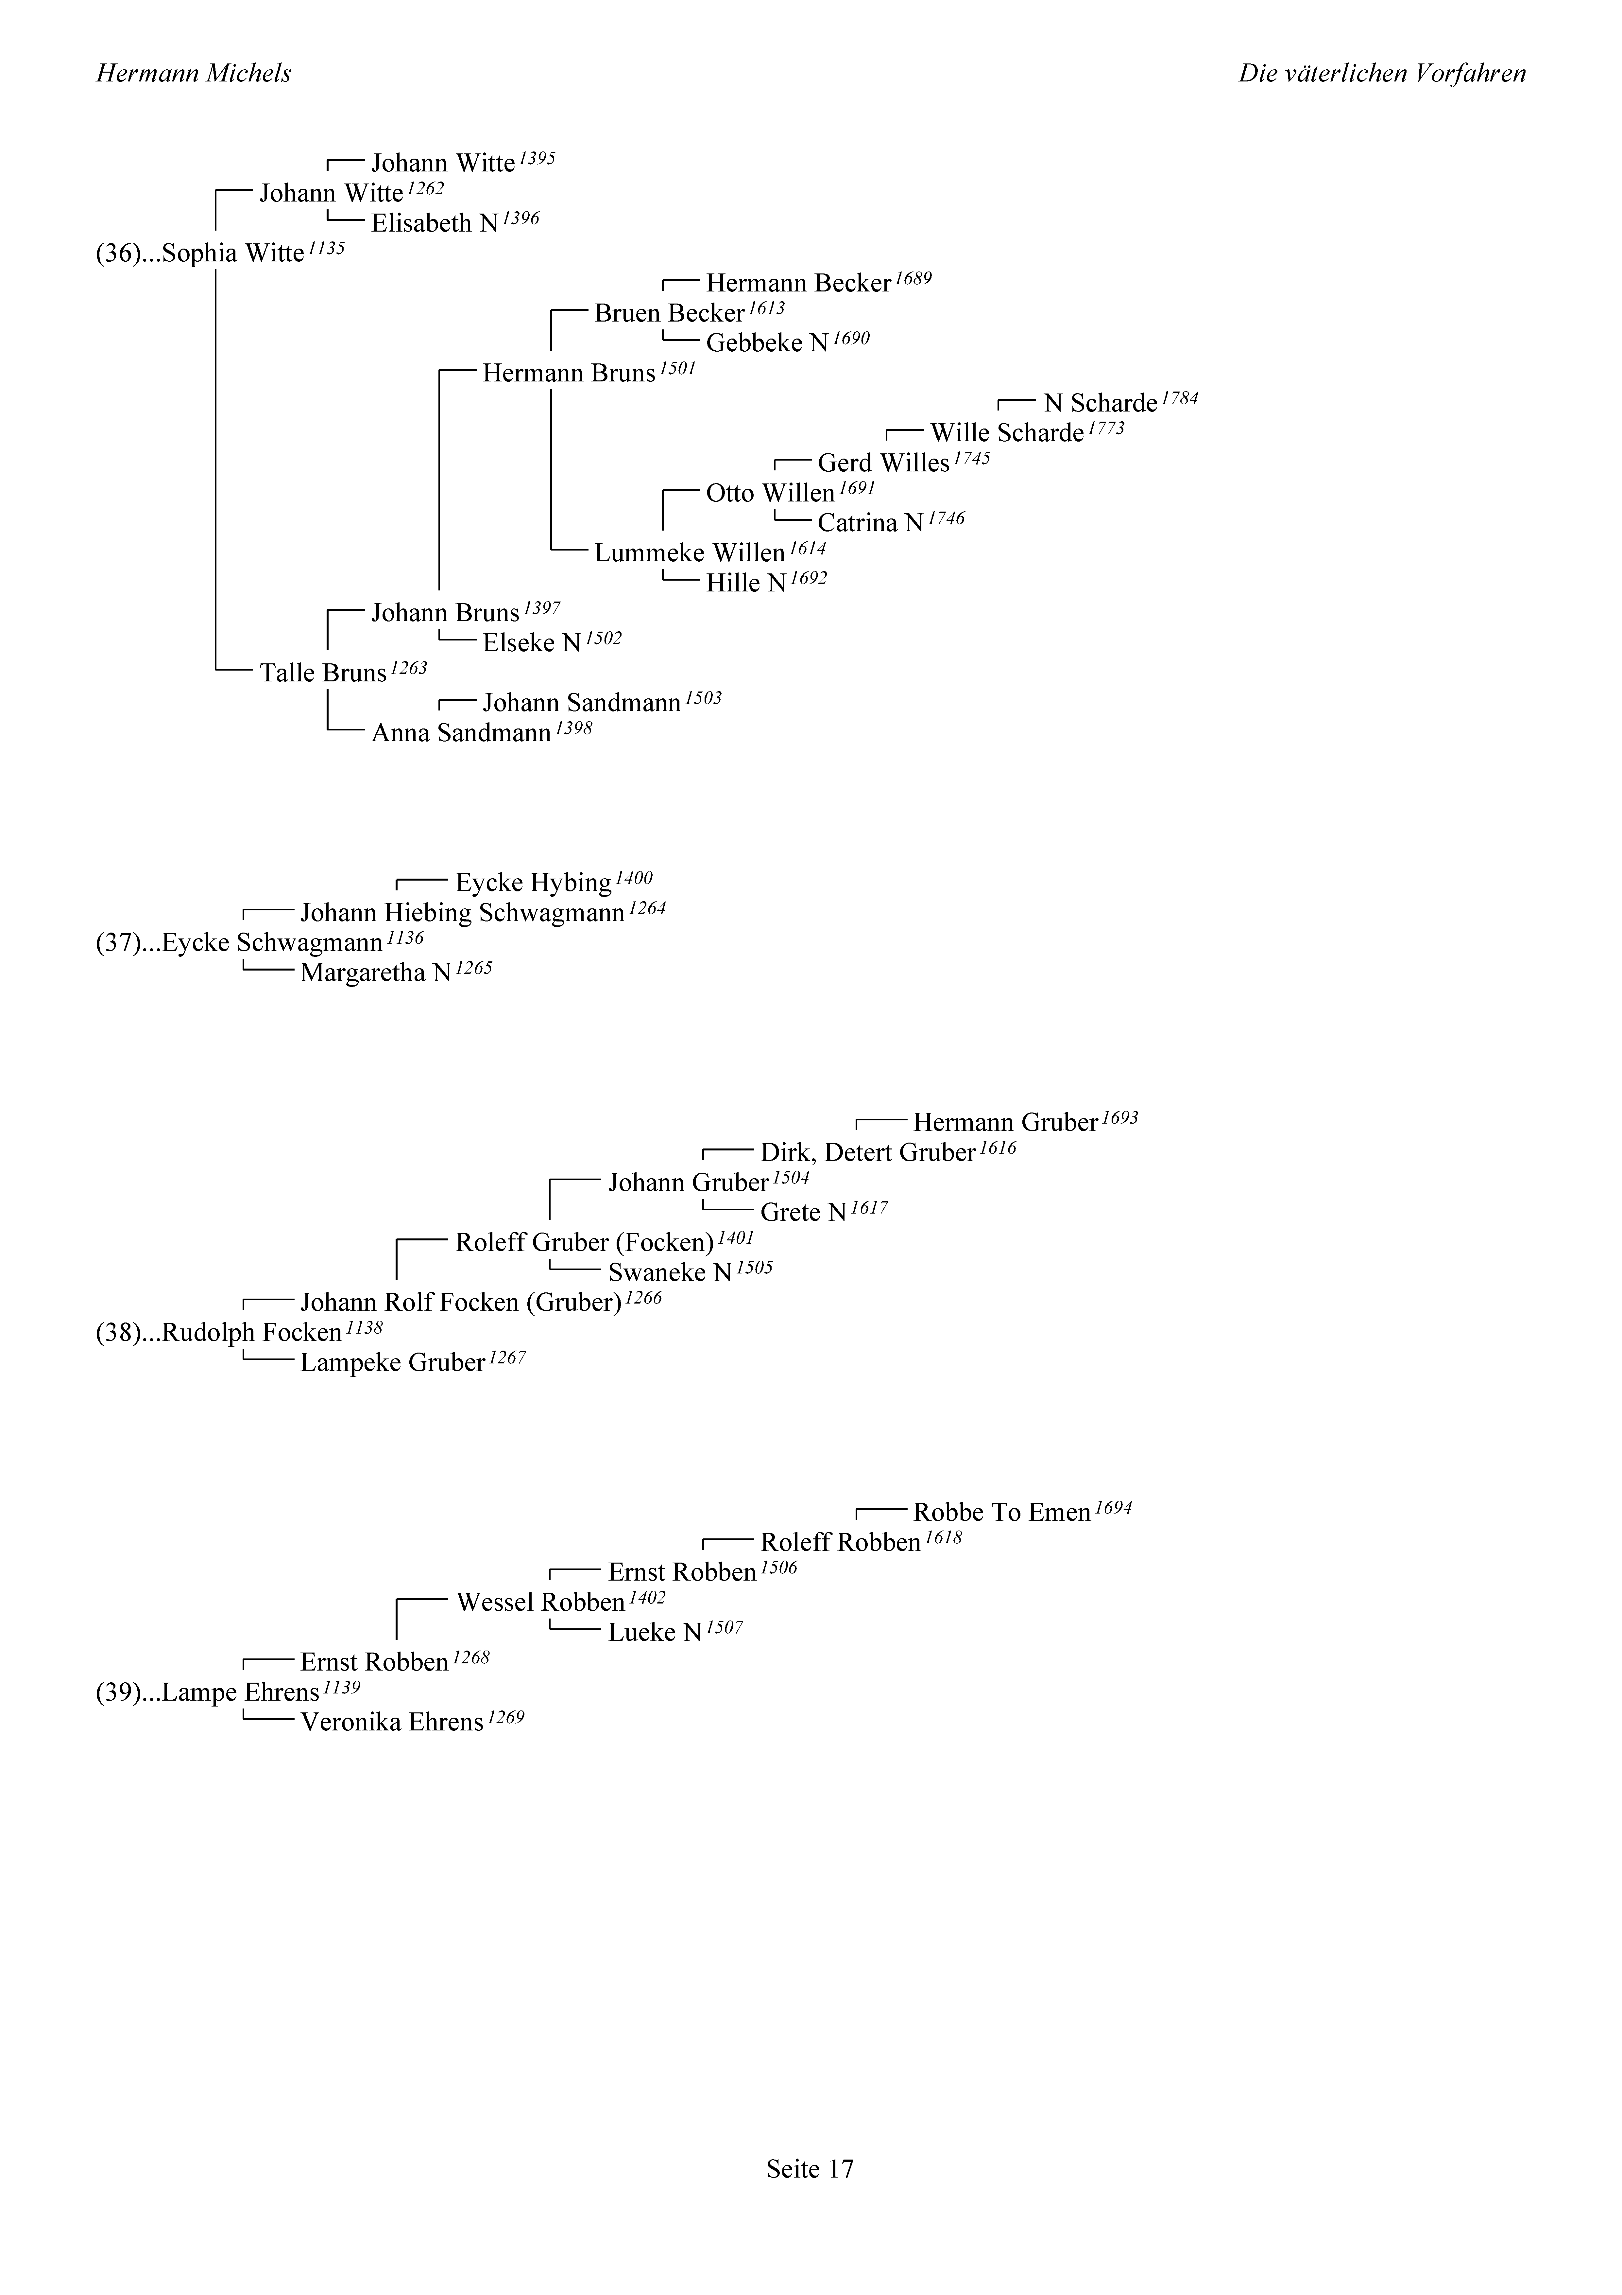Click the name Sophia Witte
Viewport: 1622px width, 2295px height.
coord(232,254)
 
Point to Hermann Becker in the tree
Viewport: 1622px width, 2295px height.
coord(797,284)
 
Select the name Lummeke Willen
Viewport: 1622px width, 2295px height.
coord(690,554)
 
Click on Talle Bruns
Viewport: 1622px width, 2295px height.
coord(323,674)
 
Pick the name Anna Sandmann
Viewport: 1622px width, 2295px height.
coord(461,734)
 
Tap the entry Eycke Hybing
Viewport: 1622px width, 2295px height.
coord(533,884)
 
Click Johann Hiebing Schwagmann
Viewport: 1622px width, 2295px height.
coord(463,914)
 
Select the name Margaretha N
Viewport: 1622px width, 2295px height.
coord(376,973)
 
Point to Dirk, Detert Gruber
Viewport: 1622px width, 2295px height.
coord(867,1153)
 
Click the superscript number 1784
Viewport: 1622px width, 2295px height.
coord(1179,398)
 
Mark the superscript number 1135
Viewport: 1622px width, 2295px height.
coord(326,248)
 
